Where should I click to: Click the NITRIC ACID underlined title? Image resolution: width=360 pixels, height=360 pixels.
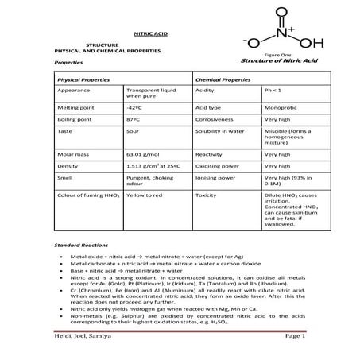click(x=150, y=36)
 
